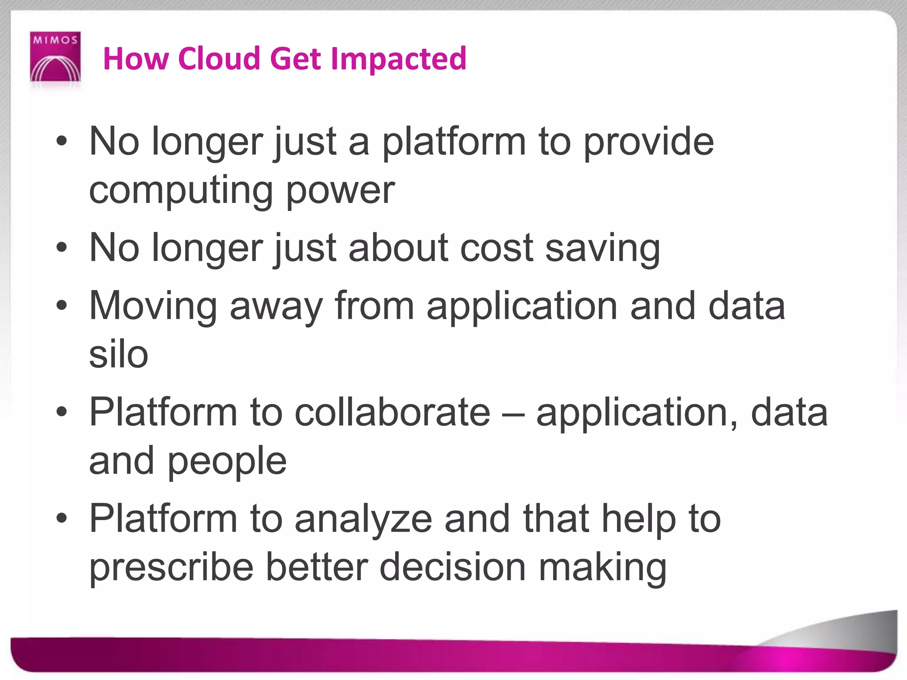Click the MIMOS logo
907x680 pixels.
pyautogui.click(x=55, y=57)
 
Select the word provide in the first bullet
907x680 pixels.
pyautogui.click(x=648, y=142)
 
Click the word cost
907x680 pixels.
pyautogui.click(x=496, y=248)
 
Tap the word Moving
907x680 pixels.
pyautogui.click(x=153, y=306)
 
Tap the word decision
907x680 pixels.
pyautogui.click(x=453, y=568)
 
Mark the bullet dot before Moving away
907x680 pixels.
pyautogui.click(x=62, y=305)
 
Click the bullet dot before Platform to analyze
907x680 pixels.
pyautogui.click(x=62, y=518)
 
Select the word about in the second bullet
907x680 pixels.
pyautogui.click(x=399, y=248)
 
